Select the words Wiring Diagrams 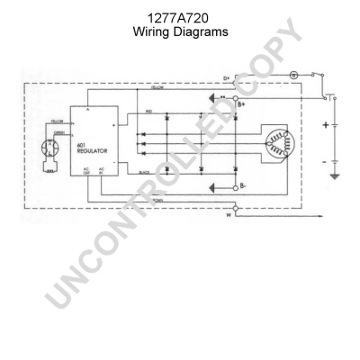(x=180, y=31)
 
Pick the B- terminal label (x=241, y=188)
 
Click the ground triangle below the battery (x=336, y=176)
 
